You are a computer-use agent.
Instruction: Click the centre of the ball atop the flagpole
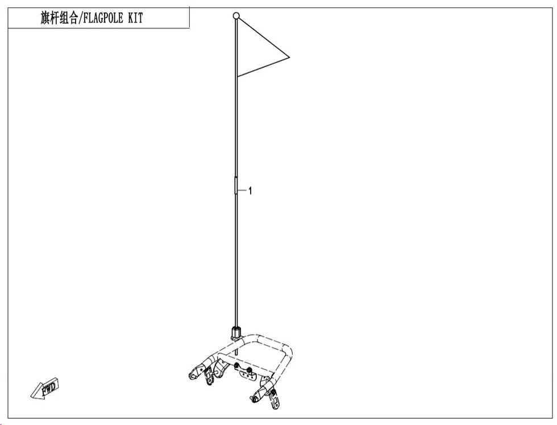(236, 16)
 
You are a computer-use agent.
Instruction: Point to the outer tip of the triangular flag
(289, 57)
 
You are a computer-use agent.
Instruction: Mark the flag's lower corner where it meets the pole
(238, 76)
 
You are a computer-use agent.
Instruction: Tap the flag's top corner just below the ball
(238, 19)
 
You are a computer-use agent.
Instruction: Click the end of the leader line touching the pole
(238, 191)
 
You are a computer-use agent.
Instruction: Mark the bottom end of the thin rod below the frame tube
(236, 355)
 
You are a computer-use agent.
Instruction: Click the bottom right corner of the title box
(189, 28)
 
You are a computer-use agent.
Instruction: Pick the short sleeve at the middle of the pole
(236, 185)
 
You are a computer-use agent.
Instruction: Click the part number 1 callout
(250, 191)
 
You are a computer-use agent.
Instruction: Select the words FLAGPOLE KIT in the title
(113, 18)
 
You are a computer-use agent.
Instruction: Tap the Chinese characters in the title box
(59, 18)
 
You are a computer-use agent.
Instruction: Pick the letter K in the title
(130, 18)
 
